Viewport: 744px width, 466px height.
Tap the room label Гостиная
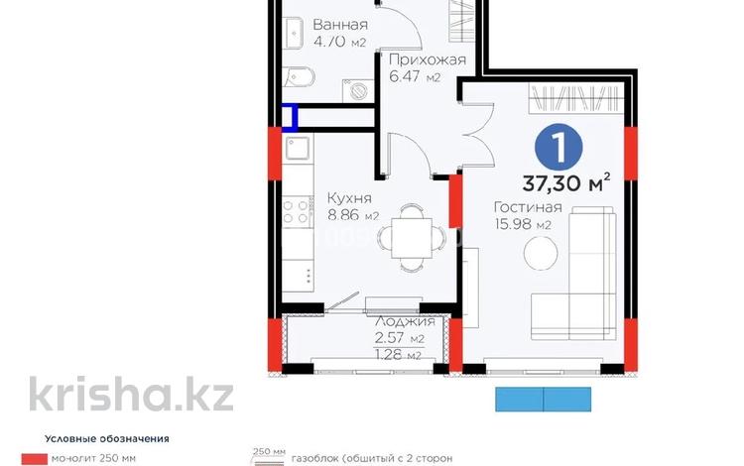tap(528, 207)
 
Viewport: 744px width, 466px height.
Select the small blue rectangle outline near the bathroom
tap(289, 118)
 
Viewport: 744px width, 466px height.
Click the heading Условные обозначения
tap(107, 437)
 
